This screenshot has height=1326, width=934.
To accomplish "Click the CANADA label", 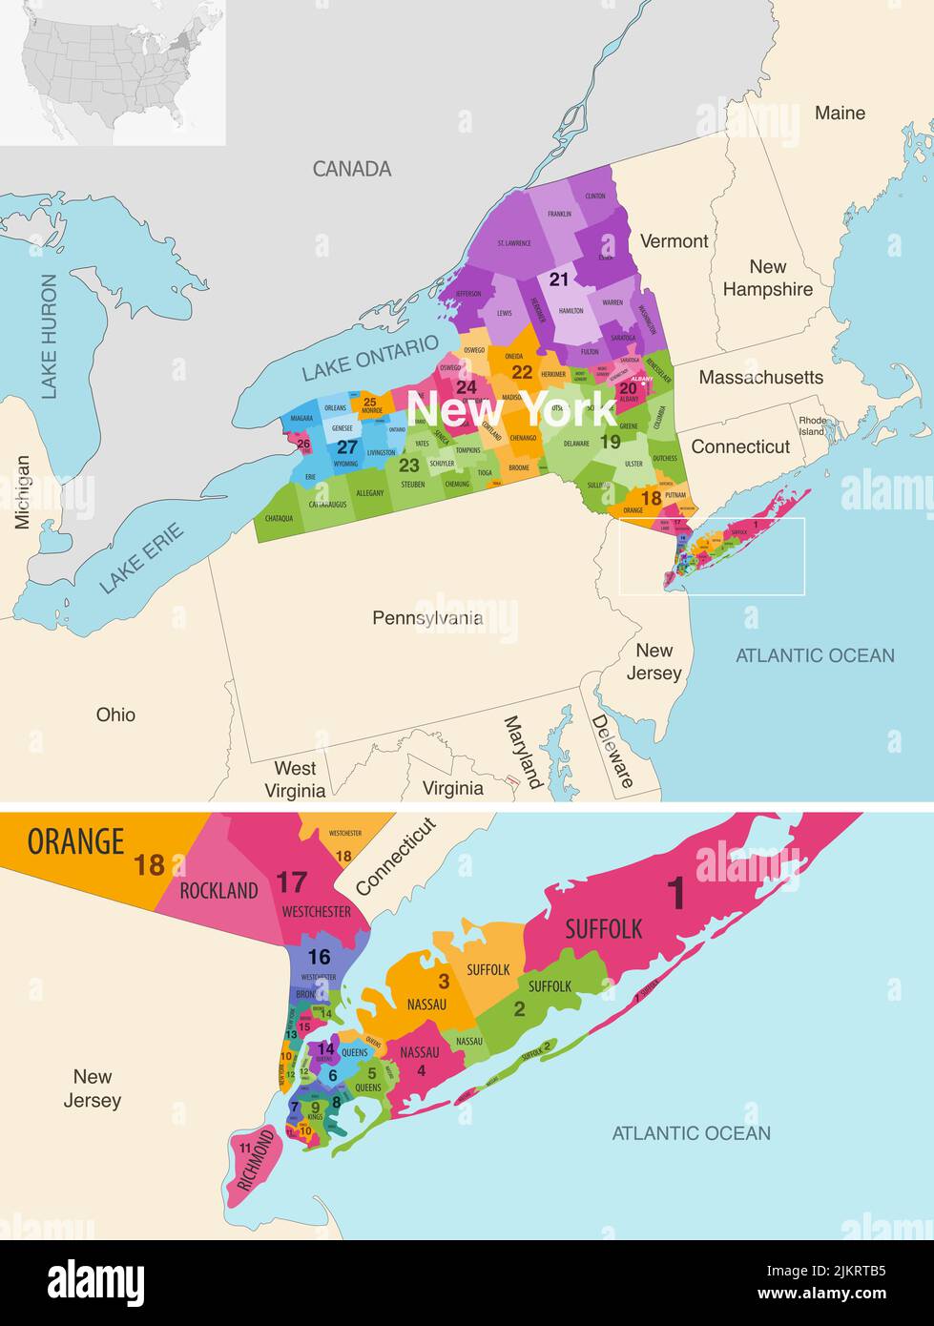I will pyautogui.click(x=352, y=169).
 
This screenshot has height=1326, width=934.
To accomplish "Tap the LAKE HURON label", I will pyautogui.click(x=49, y=336).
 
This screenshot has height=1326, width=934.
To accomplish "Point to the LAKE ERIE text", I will pyautogui.click(x=142, y=558).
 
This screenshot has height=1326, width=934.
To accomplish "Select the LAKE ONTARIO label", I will pyautogui.click(x=370, y=357).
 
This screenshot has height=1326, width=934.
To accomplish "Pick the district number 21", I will pyautogui.click(x=558, y=280).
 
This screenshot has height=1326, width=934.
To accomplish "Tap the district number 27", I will pyautogui.click(x=347, y=447).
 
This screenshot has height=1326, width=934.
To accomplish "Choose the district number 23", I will pyautogui.click(x=409, y=466).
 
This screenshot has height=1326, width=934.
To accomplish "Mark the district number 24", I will pyautogui.click(x=466, y=387).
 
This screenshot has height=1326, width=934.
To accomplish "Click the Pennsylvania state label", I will pyautogui.click(x=426, y=618).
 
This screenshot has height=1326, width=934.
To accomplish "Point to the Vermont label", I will pyautogui.click(x=674, y=241).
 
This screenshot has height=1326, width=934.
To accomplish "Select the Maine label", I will pyautogui.click(x=840, y=114).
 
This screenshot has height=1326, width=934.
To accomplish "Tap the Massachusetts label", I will pyautogui.click(x=760, y=378).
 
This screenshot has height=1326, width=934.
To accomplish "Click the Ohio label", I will pyautogui.click(x=115, y=715).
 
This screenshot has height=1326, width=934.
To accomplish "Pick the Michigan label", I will pyautogui.click(x=22, y=491).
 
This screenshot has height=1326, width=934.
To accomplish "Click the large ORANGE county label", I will pyautogui.click(x=75, y=841).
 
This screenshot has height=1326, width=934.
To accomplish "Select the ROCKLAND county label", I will pyautogui.click(x=218, y=891).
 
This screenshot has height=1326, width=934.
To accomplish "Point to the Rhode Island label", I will pyautogui.click(x=813, y=425).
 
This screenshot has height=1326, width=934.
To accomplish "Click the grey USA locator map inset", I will pyautogui.click(x=113, y=73).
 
